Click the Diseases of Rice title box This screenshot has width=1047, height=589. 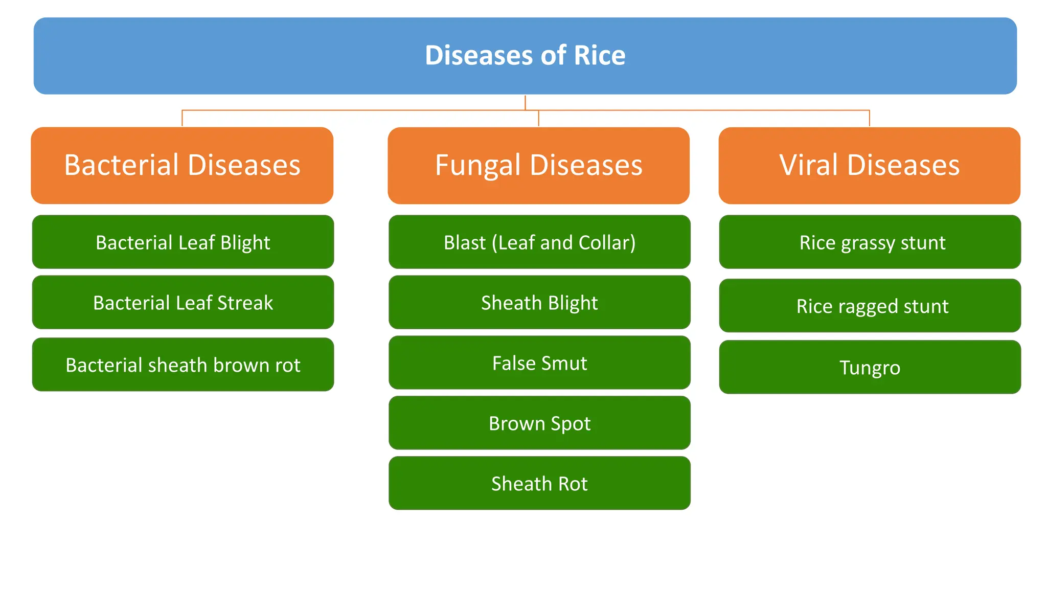pos(525,56)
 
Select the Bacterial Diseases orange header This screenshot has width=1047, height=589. pos(182,165)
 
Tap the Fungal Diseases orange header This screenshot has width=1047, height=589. pos(538,165)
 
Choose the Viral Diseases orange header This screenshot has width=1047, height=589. pos(869,165)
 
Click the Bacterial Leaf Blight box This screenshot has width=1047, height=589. pos(183,242)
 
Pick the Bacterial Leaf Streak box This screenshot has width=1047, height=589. pos(183,302)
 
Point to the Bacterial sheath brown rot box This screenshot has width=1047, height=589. pos(183,365)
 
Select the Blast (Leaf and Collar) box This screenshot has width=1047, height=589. pos(539,242)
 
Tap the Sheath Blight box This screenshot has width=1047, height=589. pos(539,302)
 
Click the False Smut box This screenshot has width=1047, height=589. pos(539,363)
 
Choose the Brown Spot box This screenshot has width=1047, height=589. pos(539,423)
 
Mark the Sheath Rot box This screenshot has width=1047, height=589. pos(539,483)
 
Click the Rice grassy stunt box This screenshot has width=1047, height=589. pos(870,242)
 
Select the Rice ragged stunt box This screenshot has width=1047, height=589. pos(870,306)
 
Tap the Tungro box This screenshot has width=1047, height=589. pos(870,367)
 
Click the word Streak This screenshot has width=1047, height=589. pos(245,303)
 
